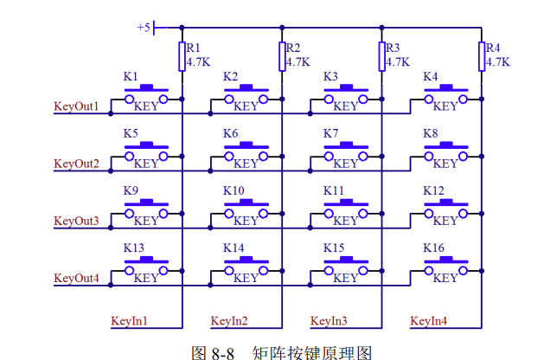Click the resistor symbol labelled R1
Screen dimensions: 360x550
click(182, 55)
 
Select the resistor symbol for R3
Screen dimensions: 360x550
click(381, 55)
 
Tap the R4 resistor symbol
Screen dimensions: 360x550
click(482, 55)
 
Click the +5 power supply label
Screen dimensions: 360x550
click(144, 28)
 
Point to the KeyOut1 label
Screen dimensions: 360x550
click(76, 107)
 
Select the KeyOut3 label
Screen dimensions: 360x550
click(76, 221)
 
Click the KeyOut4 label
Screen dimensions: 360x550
click(76, 278)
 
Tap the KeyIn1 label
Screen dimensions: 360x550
click(130, 321)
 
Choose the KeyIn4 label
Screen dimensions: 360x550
click(429, 321)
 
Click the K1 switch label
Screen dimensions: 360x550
click(131, 77)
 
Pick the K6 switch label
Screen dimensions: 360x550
click(230, 134)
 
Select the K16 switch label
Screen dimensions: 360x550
click(433, 247)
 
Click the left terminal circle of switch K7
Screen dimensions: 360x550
click(329, 157)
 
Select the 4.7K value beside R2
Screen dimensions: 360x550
click(297, 62)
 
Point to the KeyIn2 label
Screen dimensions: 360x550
click(229, 321)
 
